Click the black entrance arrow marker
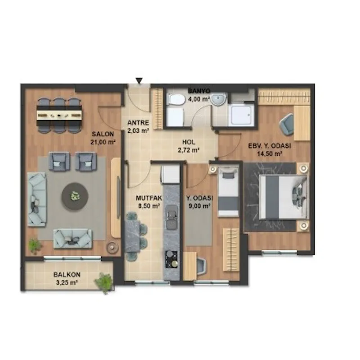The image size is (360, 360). pos(139,81)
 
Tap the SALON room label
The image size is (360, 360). pos(103,134)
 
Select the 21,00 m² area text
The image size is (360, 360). pos(103,142)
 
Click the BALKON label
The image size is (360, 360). pos(67,274)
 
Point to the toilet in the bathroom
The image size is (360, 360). pos(176,100)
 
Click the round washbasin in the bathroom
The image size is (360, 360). pos(219,99)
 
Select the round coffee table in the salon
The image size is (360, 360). pos(75,196)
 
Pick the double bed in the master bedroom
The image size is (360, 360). pos(283,197)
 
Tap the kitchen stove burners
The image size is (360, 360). pos(171,260)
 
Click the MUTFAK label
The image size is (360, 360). pos(149,198)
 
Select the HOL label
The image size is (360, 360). pos(189,142)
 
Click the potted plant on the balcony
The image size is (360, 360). pos(104,283)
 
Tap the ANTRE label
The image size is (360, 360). pos(138,122)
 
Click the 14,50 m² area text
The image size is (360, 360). pos(270,153)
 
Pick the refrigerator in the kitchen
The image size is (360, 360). pos(170,174)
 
